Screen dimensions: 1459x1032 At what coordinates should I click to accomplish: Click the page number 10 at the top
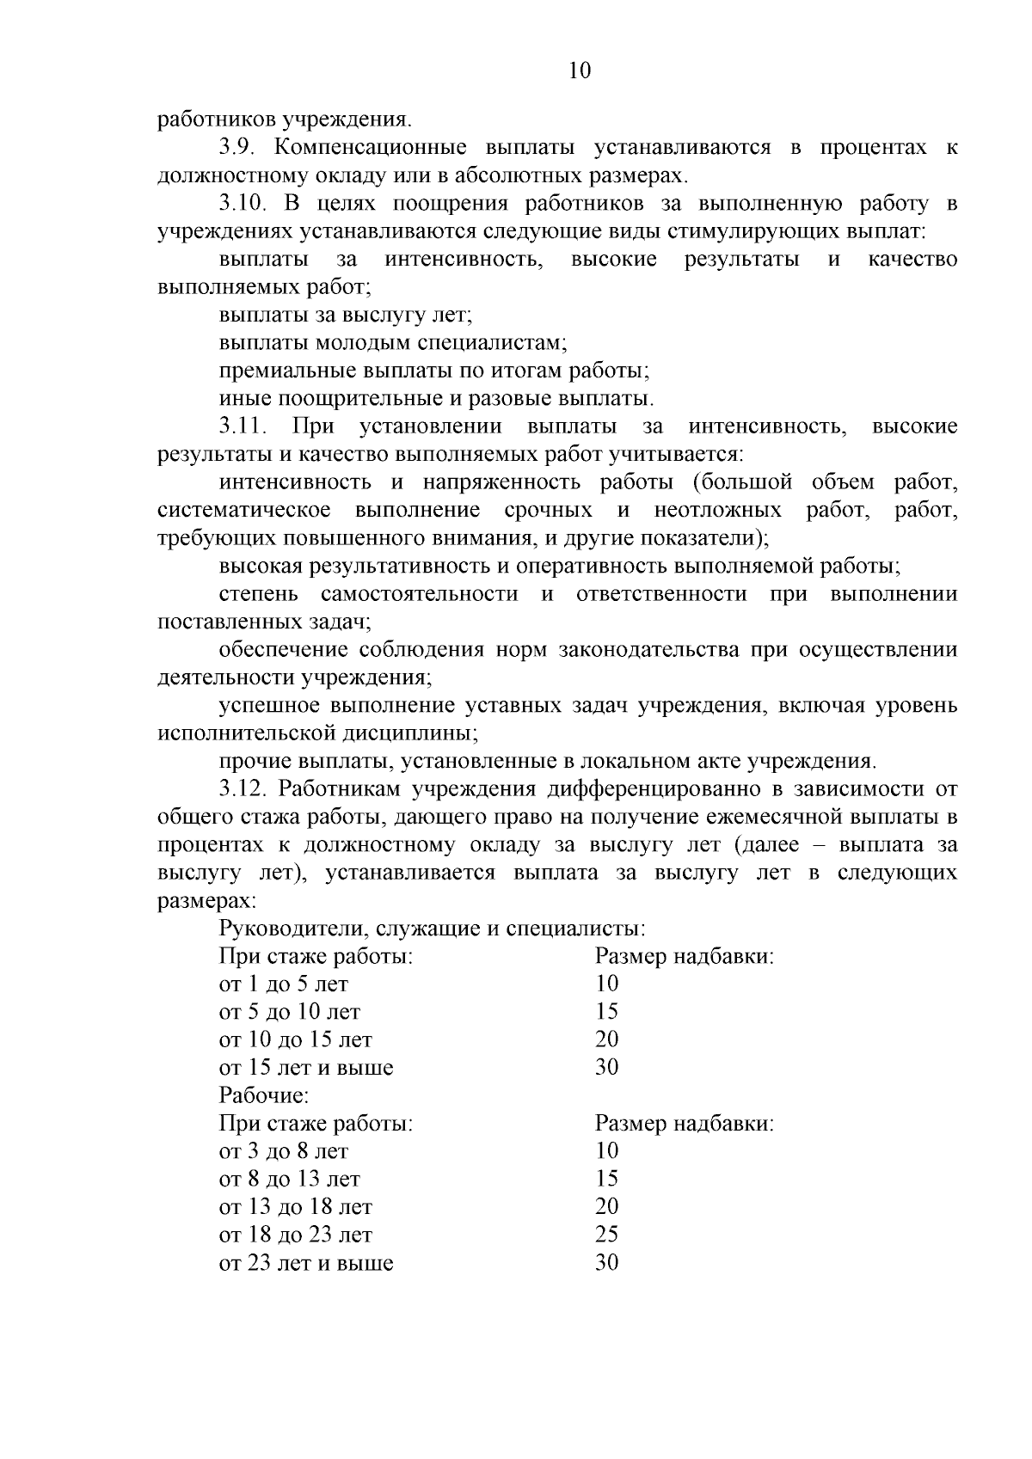click(x=580, y=70)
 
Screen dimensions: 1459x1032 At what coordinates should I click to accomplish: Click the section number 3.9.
click(x=235, y=148)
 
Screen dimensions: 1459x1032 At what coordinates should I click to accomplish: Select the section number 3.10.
click(x=240, y=204)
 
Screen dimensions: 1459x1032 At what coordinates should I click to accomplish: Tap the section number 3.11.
click(x=240, y=426)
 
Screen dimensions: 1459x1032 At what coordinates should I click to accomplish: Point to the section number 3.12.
click(x=240, y=789)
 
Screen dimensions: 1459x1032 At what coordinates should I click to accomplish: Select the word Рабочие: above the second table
click(x=264, y=1096)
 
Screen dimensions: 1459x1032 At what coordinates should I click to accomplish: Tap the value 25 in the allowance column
click(x=607, y=1235)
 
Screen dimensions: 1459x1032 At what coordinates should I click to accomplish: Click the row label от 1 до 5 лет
click(x=284, y=984)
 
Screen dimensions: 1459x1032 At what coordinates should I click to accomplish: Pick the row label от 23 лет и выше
click(x=306, y=1264)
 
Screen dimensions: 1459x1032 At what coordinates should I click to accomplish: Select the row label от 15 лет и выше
click(x=306, y=1069)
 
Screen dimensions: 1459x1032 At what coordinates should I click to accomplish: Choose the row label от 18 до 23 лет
click(x=296, y=1235)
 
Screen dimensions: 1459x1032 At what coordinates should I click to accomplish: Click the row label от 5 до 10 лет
click(x=290, y=1012)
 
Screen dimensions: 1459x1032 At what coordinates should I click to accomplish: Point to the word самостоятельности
click(x=419, y=594)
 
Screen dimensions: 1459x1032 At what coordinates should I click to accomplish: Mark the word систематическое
click(x=244, y=511)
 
